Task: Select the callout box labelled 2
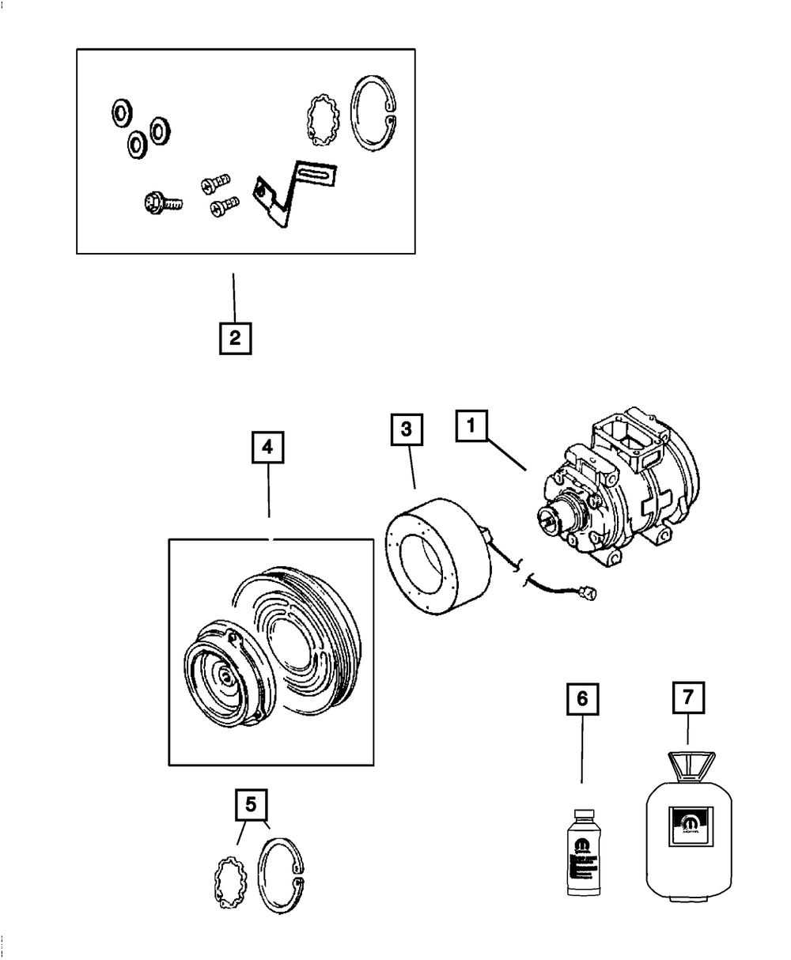234,338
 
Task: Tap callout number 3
407,430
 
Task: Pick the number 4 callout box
268,448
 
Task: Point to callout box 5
251,806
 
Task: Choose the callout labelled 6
582,699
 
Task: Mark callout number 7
687,699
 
